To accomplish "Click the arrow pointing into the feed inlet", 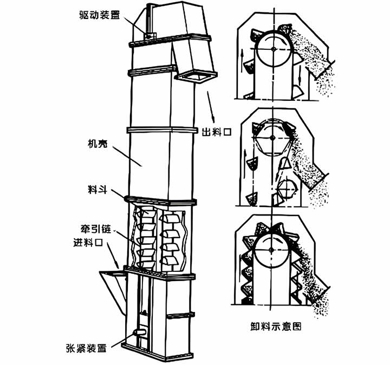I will [113, 255].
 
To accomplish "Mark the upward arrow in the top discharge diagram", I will [242, 57].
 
